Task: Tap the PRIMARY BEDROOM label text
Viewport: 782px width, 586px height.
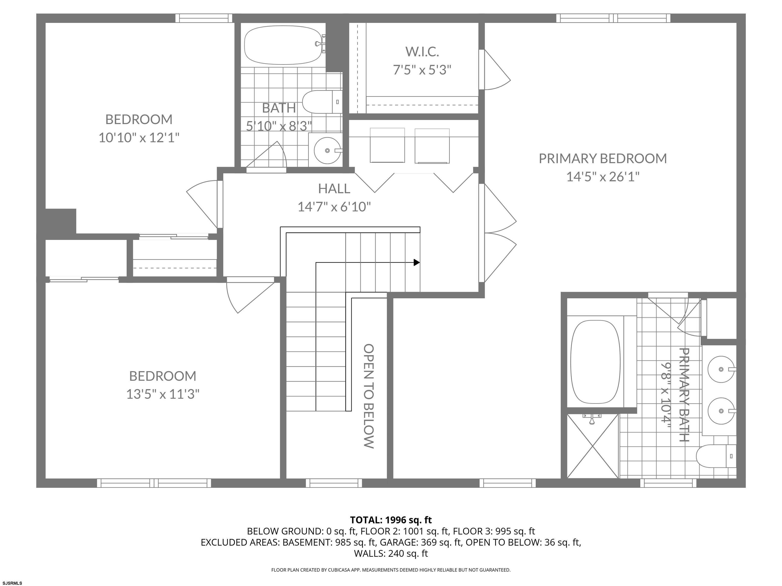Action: point(603,159)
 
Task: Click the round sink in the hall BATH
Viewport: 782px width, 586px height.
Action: point(327,151)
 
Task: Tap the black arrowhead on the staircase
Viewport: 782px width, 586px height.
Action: point(417,262)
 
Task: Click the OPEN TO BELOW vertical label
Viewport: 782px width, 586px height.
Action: point(369,396)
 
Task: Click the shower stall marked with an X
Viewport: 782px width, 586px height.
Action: point(593,446)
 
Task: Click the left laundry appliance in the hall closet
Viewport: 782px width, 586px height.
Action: point(387,145)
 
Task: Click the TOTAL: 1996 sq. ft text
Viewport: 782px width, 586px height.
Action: point(391,520)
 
